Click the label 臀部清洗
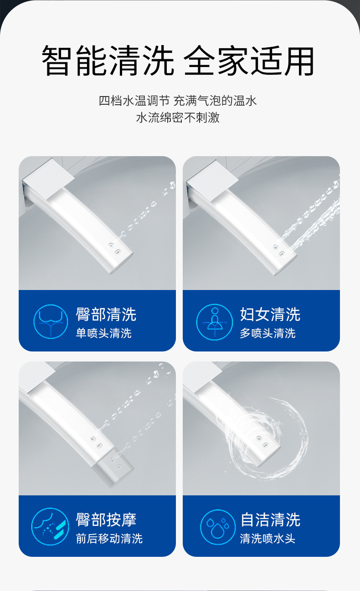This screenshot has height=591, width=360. click(106, 314)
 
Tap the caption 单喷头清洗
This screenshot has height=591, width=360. click(103, 333)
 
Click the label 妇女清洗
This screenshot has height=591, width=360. click(270, 314)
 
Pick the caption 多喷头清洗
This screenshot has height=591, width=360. click(267, 333)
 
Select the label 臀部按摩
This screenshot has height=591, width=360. click(106, 520)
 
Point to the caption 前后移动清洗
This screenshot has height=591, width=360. click(109, 539)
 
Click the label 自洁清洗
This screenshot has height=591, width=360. click(270, 520)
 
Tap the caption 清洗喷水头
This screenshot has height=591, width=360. click(267, 539)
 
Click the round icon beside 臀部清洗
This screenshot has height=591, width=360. click(51, 321)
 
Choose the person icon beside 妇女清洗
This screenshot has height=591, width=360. click(214, 321)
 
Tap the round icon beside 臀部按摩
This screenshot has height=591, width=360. click(51, 527)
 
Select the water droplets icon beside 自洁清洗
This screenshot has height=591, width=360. click(218, 527)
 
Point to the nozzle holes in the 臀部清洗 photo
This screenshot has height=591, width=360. click(114, 248)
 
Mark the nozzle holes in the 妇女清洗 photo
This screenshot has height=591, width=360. click(278, 250)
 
